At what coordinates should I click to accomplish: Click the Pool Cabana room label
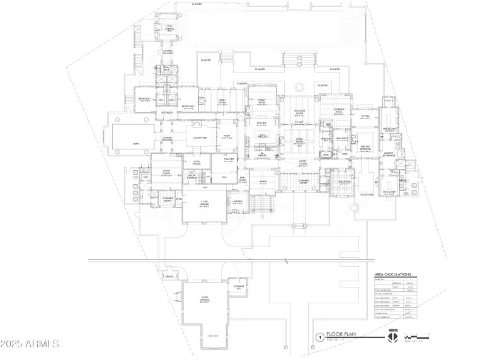click(x=169, y=26)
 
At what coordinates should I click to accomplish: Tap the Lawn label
click(x=135, y=144)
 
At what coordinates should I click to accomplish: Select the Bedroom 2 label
click(x=146, y=99)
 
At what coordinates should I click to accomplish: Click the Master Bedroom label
click(x=365, y=148)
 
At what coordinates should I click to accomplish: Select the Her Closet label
click(x=389, y=130)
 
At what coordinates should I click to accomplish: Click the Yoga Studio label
click(x=197, y=162)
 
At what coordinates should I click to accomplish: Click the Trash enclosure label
click(x=169, y=276)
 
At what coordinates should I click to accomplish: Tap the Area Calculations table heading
click(x=392, y=275)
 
